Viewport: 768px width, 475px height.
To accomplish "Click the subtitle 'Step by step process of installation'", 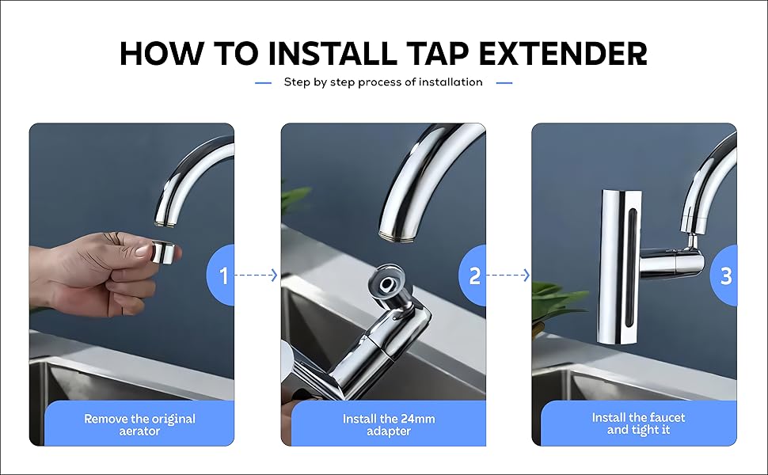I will click(x=383, y=82).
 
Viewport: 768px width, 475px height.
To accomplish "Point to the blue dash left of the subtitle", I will click(x=263, y=82).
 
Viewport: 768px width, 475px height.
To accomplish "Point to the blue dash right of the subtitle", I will click(x=504, y=82).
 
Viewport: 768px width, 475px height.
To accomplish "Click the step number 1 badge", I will click(x=222, y=275).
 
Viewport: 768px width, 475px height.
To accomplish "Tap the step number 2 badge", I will click(x=474, y=275).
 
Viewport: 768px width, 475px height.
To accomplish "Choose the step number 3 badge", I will click(x=725, y=275).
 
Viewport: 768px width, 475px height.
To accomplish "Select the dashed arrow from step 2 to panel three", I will click(x=508, y=275).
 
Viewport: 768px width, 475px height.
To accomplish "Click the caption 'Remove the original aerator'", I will click(x=139, y=424).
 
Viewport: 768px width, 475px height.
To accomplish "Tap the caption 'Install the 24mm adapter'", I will click(x=389, y=424).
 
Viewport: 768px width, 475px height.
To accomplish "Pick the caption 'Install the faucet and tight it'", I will click(x=638, y=424).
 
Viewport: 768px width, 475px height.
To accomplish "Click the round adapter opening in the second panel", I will click(x=386, y=282).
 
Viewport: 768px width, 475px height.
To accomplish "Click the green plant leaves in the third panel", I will click(x=558, y=305).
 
